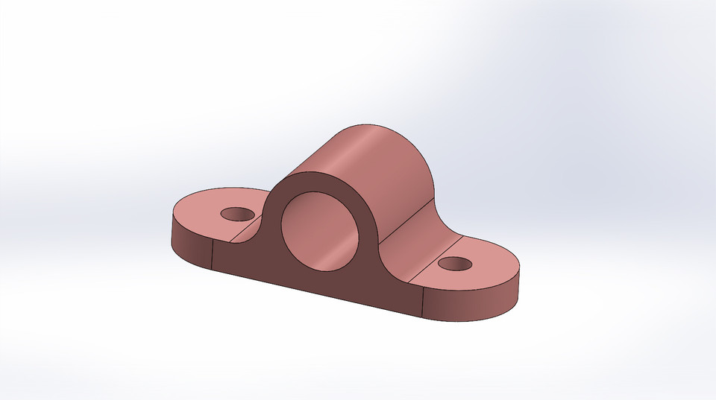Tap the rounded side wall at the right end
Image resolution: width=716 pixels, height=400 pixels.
click(477, 302)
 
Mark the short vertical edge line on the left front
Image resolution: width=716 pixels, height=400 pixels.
click(213, 257)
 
